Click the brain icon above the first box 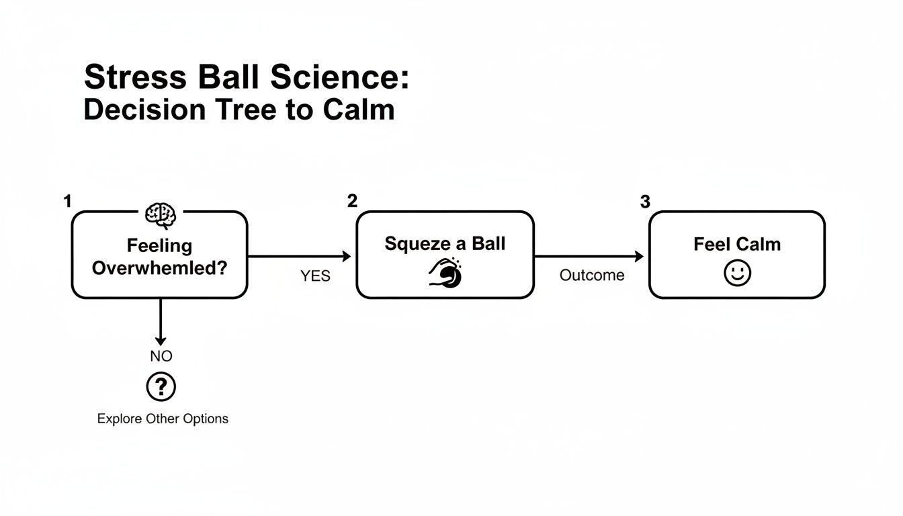click(161, 215)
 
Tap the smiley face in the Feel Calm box click(737, 273)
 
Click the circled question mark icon click(161, 387)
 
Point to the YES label click(315, 276)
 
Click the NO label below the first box click(161, 356)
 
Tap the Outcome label click(592, 275)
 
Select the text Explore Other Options click(163, 419)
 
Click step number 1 click(67, 201)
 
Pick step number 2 click(352, 201)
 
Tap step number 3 click(645, 202)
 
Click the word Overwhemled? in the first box click(159, 268)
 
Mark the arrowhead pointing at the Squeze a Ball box click(347, 256)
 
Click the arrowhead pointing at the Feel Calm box click(639, 256)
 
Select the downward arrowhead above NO click(161, 340)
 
